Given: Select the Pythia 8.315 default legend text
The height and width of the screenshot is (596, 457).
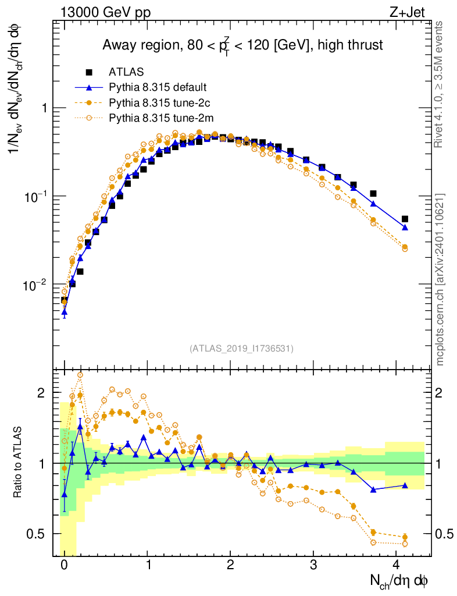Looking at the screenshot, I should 158,88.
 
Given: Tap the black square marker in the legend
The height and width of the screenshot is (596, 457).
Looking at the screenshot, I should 90,72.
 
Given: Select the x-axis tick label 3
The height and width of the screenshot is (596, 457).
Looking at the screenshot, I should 313,565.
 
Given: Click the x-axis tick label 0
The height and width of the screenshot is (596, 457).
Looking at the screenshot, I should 64,565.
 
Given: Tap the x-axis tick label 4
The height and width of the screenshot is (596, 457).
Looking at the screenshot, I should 397,565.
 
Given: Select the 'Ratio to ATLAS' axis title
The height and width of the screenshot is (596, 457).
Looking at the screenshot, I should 19,463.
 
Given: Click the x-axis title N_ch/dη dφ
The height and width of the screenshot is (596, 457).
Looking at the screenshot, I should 399,580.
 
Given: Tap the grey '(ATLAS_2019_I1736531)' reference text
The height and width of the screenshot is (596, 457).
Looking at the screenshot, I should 241,349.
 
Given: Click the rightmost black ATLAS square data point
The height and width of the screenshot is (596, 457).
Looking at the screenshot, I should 405,219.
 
